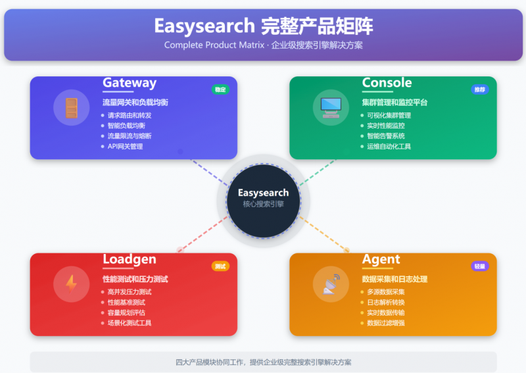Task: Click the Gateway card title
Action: click(130, 83)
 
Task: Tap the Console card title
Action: click(387, 83)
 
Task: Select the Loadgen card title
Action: click(129, 260)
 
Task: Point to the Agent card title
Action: click(381, 260)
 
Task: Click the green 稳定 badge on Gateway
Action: click(220, 89)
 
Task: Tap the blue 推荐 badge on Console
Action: click(480, 89)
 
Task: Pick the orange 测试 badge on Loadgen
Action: click(220, 266)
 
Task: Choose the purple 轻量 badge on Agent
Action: click(480, 266)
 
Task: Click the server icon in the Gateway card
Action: click(71, 108)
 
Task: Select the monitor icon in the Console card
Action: click(331, 107)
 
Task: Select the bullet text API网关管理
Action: click(125, 147)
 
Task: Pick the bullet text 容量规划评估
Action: click(126, 312)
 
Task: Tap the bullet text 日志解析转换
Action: click(386, 302)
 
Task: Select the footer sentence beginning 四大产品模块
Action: click(263, 362)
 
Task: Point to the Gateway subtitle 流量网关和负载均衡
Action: click(135, 103)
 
